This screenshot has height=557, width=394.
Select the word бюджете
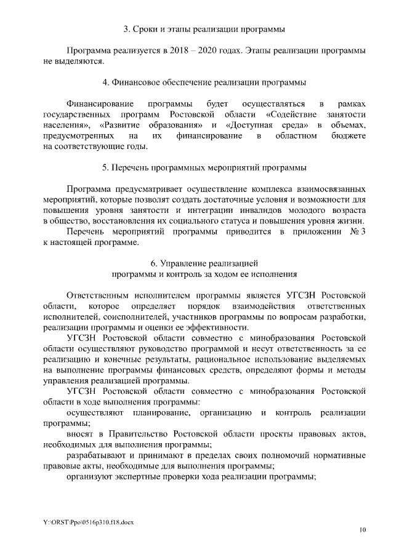pyautogui.click(x=347, y=135)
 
